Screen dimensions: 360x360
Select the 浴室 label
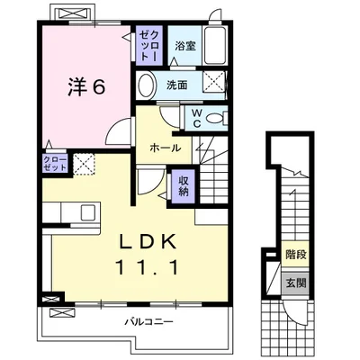pyautogui.click(x=185, y=46)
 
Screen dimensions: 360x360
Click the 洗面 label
pyautogui.click(x=176, y=85)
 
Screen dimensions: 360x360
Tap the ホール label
pyautogui.click(x=165, y=148)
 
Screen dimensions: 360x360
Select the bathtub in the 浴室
pyautogui.click(x=214, y=45)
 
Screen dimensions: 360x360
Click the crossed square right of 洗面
pyautogui.click(x=213, y=84)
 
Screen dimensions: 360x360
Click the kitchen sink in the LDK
pyautogui.click(x=87, y=212)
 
